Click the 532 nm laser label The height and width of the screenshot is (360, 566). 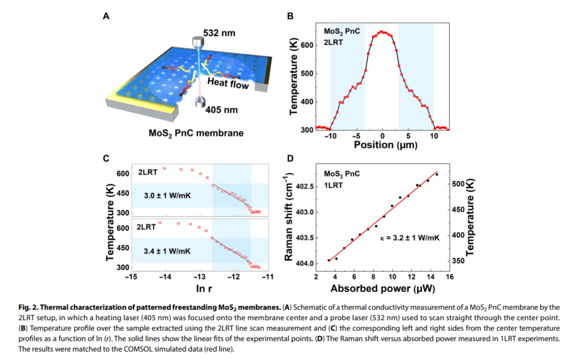pyautogui.click(x=219, y=33)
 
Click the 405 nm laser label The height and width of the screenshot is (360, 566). pyautogui.click(x=221, y=109)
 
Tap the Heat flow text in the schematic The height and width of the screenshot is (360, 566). pyautogui.click(x=228, y=84)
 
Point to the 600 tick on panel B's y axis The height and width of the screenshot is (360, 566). pyautogui.click(x=308, y=45)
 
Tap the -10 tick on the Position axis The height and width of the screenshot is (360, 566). pyautogui.click(x=330, y=136)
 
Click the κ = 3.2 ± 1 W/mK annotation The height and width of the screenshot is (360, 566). pyautogui.click(x=410, y=237)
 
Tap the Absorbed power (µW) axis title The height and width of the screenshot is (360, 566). pyautogui.click(x=382, y=288)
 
